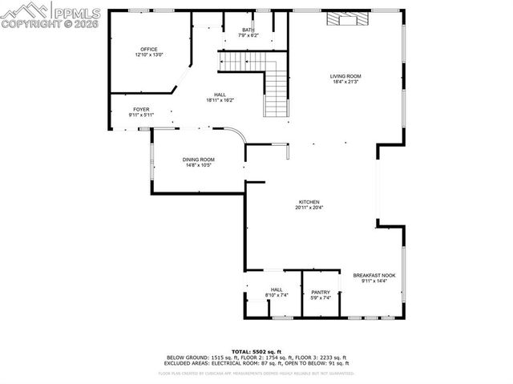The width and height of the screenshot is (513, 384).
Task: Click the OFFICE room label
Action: point(149,49)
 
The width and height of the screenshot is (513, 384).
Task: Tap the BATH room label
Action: point(248,30)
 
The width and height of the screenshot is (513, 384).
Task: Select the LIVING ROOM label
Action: point(345,76)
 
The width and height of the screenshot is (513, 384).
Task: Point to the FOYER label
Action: point(141,109)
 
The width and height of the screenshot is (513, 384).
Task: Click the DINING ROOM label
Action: point(198,160)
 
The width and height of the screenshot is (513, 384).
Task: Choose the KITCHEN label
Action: point(309,201)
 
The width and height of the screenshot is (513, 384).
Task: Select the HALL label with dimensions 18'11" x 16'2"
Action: point(220,95)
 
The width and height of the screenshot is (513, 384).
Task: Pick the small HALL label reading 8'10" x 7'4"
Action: point(277,289)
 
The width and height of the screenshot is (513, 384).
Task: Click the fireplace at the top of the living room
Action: point(345,18)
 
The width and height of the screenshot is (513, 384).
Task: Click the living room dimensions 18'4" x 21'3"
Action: point(345,82)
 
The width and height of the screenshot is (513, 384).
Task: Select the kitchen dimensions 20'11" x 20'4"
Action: point(309,207)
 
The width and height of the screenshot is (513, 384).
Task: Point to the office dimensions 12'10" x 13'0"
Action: point(149,55)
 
